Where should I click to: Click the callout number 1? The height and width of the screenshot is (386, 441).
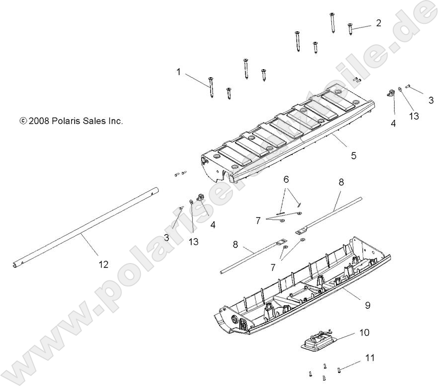179,72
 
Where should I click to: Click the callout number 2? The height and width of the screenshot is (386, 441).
379,23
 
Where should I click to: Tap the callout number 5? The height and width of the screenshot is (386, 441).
353,155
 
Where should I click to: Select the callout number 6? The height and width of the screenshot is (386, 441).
286,179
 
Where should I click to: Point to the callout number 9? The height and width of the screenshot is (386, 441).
367,305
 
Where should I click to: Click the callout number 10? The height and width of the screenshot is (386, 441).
364,332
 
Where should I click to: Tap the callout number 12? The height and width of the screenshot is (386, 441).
104,264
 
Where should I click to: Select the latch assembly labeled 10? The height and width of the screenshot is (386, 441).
316,342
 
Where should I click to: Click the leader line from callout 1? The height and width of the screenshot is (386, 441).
197,79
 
